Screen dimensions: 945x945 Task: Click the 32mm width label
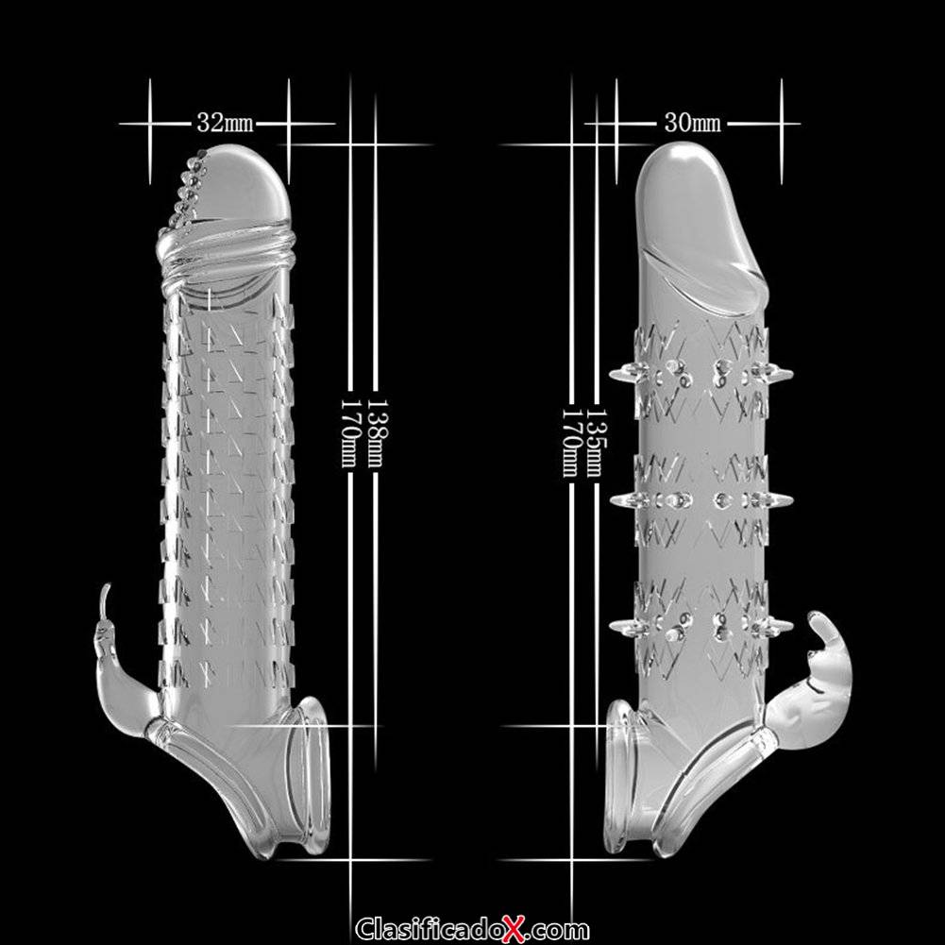(225, 123)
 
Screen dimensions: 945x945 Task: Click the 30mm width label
(693, 123)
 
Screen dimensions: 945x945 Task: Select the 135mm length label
(597, 443)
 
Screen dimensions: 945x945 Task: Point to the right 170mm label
(570, 443)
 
